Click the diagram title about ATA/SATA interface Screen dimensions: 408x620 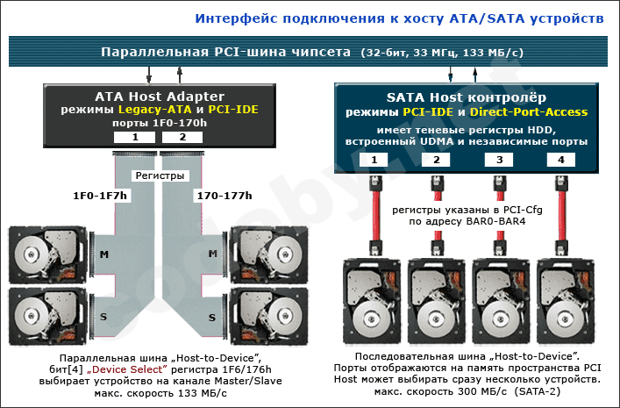point(398,18)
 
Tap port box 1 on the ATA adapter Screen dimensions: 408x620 point(135,137)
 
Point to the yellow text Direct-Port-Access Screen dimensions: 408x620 point(528,112)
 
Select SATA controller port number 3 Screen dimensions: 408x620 point(499,160)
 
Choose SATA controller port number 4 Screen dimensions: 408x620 point(560,160)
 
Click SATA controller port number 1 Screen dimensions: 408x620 point(374,160)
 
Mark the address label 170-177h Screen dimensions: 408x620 point(225,194)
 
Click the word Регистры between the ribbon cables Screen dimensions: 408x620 point(159,175)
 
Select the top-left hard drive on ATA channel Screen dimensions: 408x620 point(48,254)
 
